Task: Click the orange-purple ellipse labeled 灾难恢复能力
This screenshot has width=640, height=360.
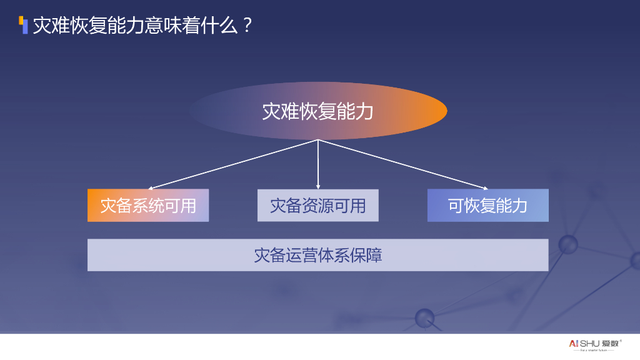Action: click(317, 111)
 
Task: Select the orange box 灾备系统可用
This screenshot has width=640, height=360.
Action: click(148, 206)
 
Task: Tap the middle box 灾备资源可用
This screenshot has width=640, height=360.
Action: click(317, 206)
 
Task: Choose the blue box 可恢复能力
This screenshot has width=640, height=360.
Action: click(487, 206)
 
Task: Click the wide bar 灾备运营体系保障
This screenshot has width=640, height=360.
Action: click(317, 255)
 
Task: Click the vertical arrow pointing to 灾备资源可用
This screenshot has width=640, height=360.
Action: click(318, 164)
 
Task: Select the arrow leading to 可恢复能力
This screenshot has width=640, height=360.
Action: click(403, 164)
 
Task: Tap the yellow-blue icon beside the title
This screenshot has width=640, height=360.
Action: click(24, 25)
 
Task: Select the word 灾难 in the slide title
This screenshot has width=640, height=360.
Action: click(51, 26)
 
